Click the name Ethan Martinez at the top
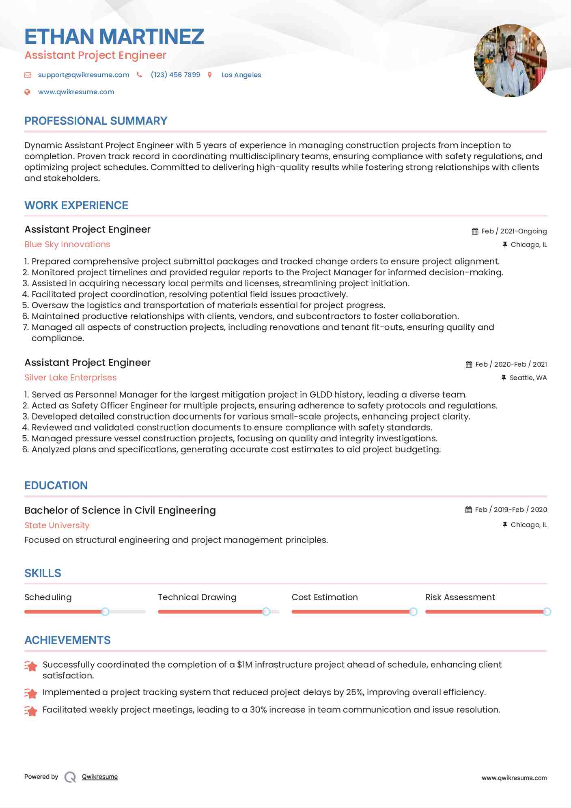click(114, 37)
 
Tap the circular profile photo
click(510, 60)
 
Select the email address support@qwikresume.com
click(84, 75)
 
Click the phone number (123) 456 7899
click(175, 75)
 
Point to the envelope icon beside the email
click(28, 75)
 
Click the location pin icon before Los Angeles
click(209, 75)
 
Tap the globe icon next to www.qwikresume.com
click(27, 92)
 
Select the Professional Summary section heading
click(96, 121)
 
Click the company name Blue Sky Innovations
click(67, 244)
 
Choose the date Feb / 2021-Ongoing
click(514, 231)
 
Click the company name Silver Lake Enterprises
click(71, 378)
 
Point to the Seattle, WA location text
click(528, 378)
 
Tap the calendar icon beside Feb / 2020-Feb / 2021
click(469, 364)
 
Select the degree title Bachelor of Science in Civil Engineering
click(120, 510)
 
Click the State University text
click(57, 525)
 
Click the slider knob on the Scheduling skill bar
click(105, 611)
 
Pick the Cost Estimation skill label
click(325, 597)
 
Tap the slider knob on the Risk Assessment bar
click(547, 611)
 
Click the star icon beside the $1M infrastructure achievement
click(31, 666)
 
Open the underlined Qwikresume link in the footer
click(100, 777)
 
